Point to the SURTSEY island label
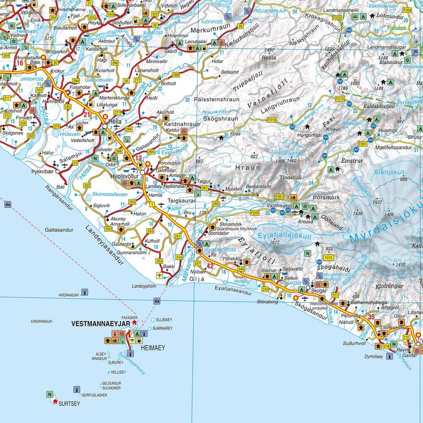click(x=69, y=404)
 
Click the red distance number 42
click(x=210, y=266)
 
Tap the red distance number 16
click(x=19, y=63)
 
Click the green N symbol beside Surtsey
click(x=49, y=395)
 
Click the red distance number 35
click(x=371, y=316)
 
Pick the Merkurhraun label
click(x=206, y=30)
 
